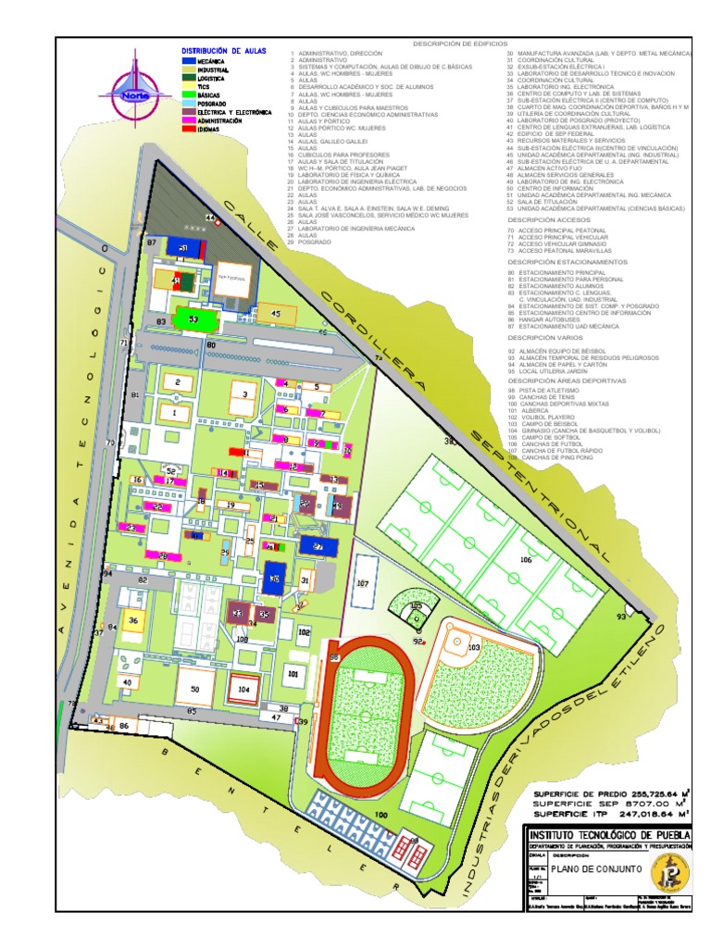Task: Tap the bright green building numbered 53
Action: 193,318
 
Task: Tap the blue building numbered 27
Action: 318,547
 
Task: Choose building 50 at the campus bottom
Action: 195,688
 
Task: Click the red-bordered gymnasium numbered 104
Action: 243,688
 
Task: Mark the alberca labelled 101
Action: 293,674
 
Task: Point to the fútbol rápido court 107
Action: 364,583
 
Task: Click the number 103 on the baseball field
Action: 475,649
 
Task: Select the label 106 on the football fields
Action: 525,559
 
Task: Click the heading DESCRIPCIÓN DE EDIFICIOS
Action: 460,44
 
